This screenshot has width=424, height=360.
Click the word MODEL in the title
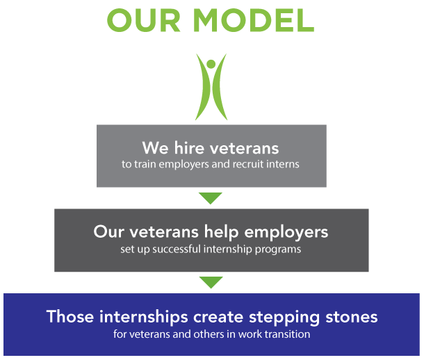254,21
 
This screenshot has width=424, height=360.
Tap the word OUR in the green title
144,21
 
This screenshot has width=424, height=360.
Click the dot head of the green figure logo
211,64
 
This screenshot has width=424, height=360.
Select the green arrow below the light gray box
211,198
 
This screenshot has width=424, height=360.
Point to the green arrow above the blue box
211,282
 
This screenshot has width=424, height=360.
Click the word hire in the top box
189,148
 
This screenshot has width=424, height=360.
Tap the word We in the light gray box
155,148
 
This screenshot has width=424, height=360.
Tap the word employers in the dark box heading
286,233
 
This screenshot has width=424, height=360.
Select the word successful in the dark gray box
177,249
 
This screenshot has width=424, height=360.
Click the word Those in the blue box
70,316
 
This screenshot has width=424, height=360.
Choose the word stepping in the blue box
284,318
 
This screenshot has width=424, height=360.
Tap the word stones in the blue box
352,317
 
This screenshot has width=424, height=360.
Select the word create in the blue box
218,317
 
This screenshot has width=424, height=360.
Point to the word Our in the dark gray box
108,232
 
